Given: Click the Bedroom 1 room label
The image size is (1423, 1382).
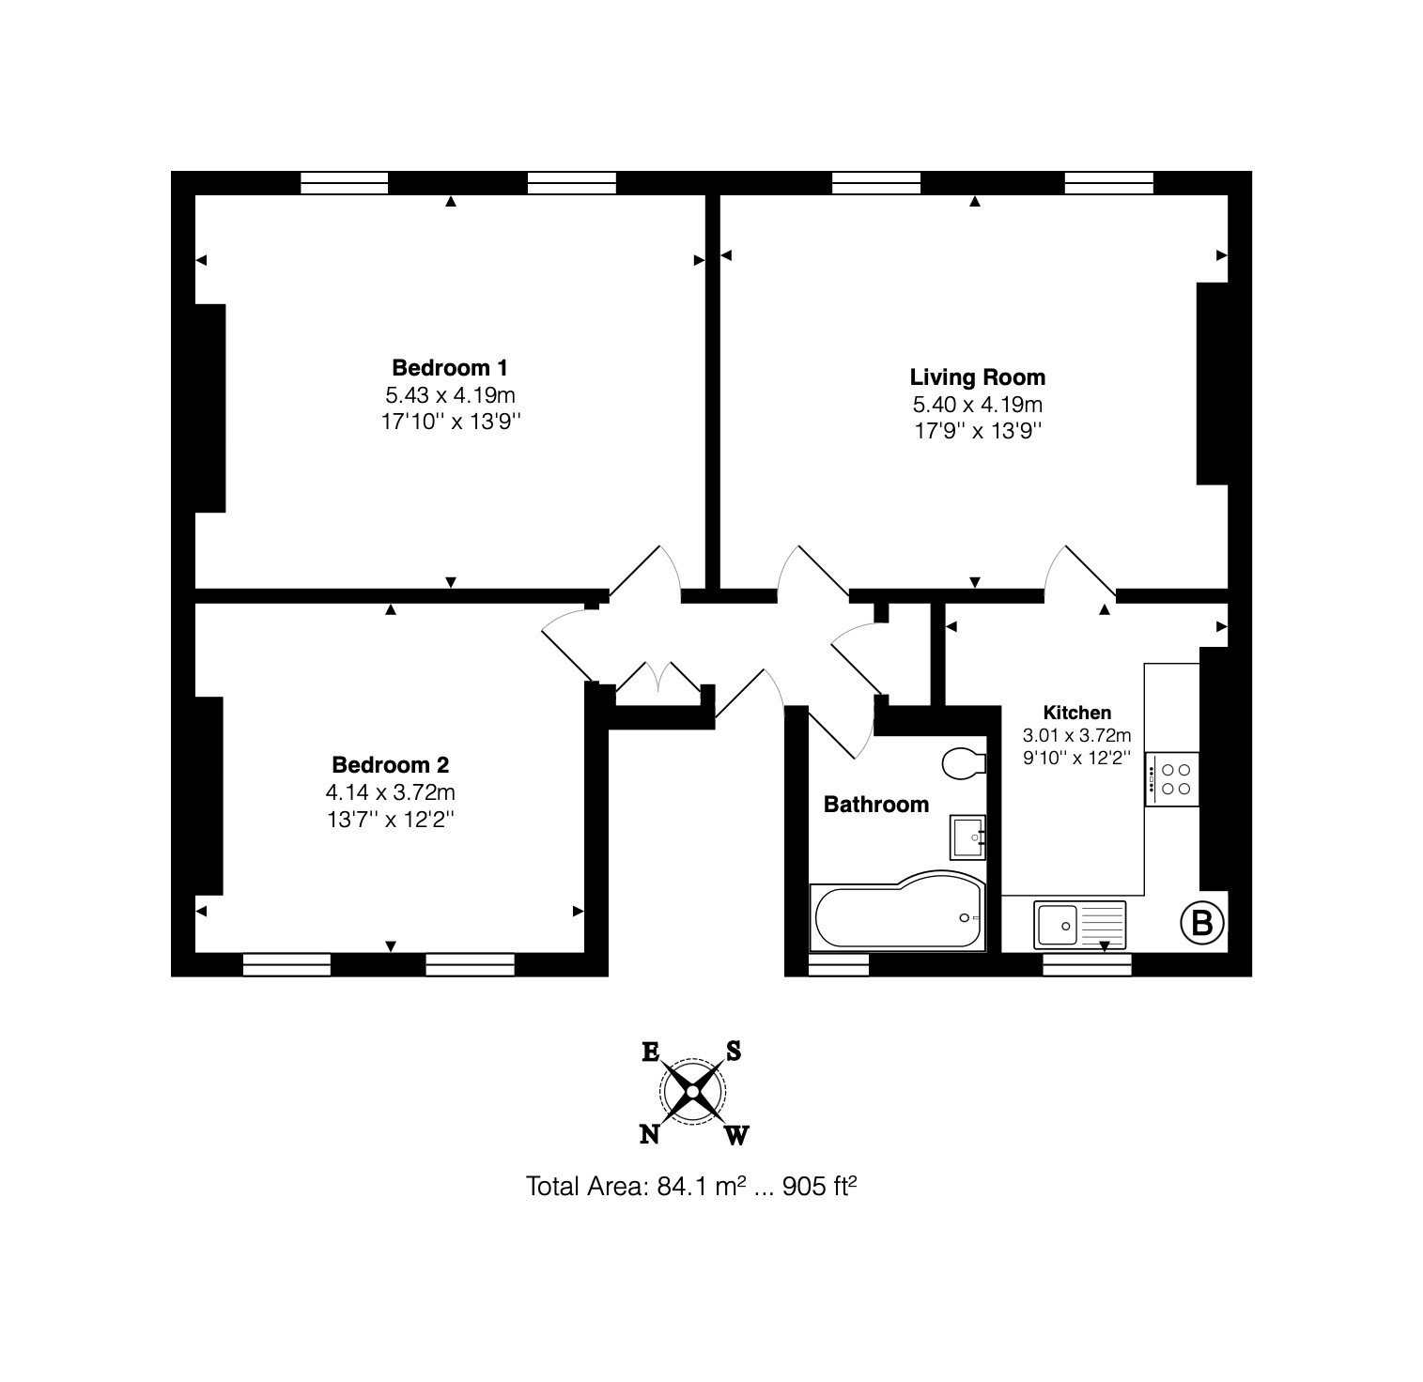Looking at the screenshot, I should (x=450, y=367).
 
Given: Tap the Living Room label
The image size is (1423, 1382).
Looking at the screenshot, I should (x=977, y=377).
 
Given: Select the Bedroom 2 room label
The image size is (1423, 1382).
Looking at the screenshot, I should (x=390, y=764).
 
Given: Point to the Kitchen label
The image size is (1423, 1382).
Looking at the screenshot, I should (x=1076, y=713).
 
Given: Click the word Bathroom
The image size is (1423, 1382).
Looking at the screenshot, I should (x=875, y=805).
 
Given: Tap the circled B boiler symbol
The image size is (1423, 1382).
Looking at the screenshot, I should (x=1201, y=923).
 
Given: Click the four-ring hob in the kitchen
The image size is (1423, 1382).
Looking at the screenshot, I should (x=1172, y=778).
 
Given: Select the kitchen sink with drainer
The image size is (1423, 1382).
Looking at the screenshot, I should (x=1079, y=925).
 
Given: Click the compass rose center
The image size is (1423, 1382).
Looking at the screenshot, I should (x=692, y=1091).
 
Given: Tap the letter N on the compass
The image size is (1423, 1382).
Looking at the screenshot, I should (x=648, y=1135).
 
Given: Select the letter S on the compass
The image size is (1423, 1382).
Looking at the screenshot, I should (x=734, y=1052).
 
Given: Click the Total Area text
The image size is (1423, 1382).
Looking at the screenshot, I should (x=691, y=1187).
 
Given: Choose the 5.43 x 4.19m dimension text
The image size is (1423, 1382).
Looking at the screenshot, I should (x=450, y=394).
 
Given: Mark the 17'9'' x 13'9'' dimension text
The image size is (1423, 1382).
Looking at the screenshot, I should (x=977, y=431).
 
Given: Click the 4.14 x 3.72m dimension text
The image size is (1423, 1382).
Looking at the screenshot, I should (x=390, y=792).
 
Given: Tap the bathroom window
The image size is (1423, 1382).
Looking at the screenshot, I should (x=838, y=965).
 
